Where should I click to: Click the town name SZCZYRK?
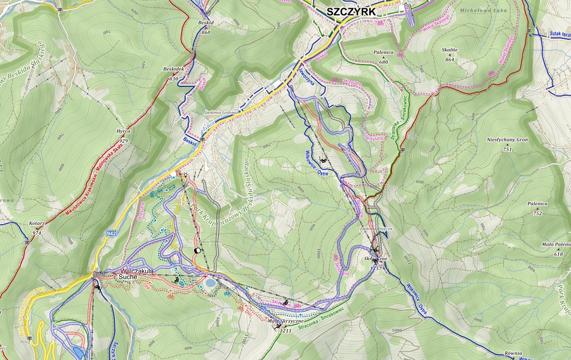tap(351, 11)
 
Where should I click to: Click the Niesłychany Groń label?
tap(507, 141)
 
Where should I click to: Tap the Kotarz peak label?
tap(37, 223)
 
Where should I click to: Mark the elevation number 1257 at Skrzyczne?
tap(377, 268)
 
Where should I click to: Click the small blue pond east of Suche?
tap(209, 283)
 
